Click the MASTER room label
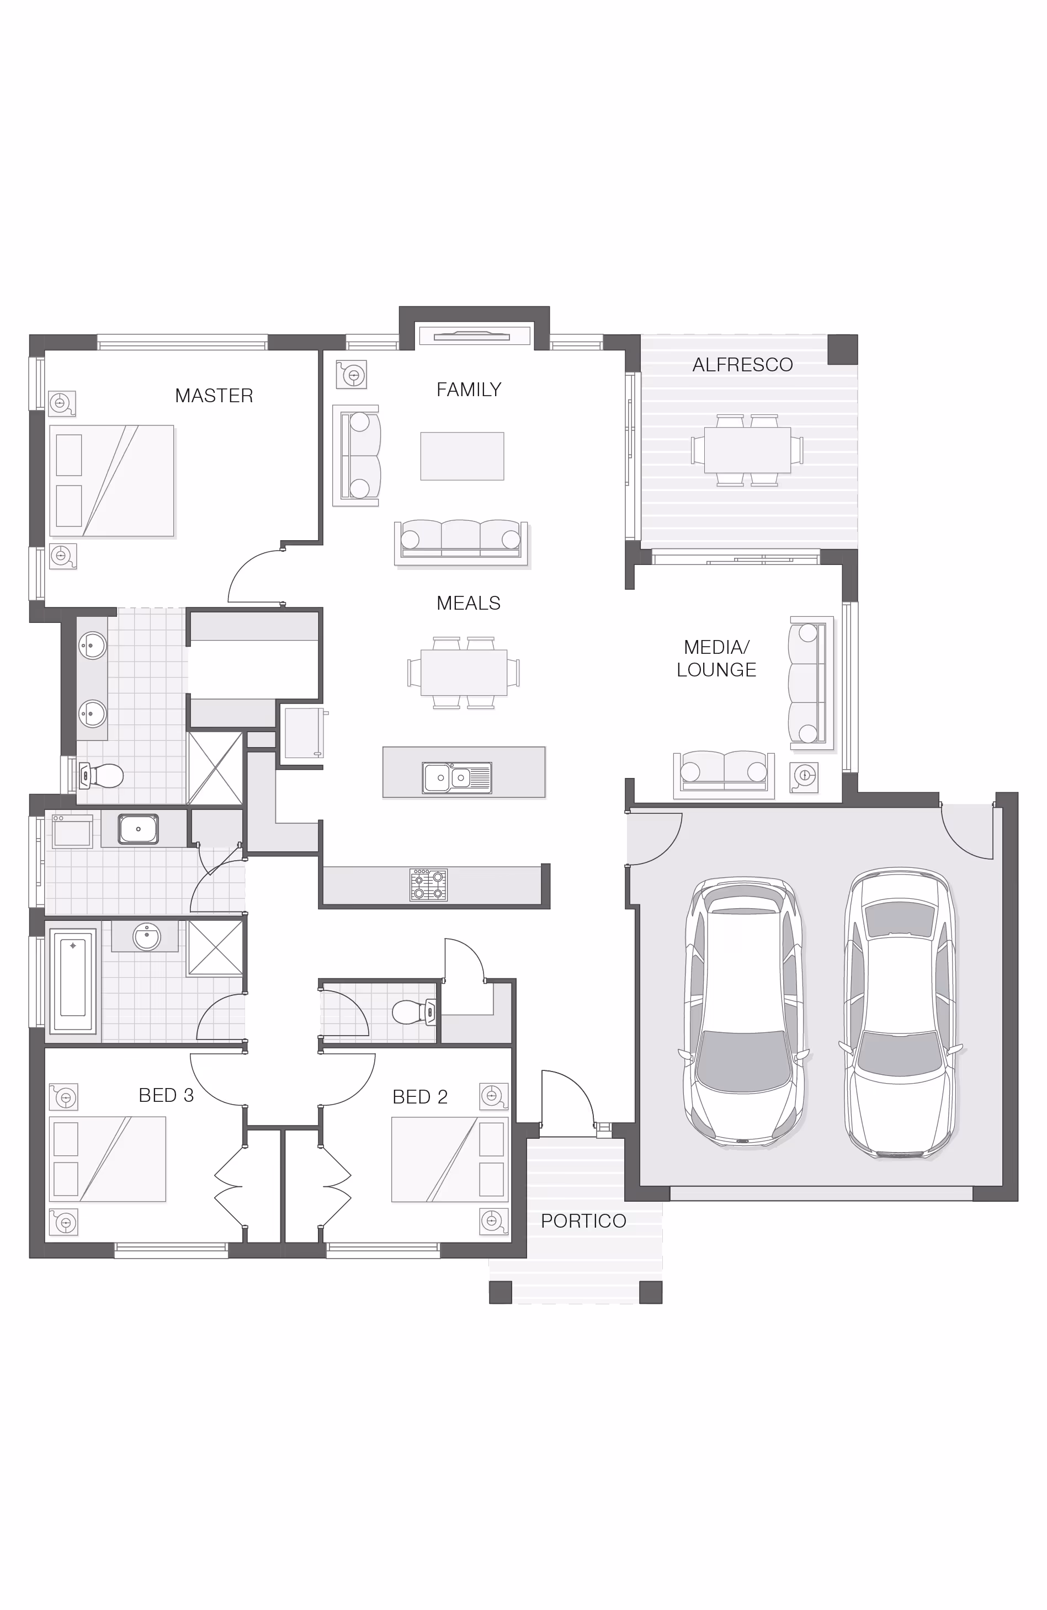coord(214,396)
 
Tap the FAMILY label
coord(469,390)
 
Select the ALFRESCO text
coord(742,365)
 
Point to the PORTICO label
coord(583,1221)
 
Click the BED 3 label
coord(166,1095)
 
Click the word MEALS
coord(469,604)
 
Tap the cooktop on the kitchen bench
coord(428,885)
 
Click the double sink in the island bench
coord(457,777)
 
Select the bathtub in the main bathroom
coord(73,979)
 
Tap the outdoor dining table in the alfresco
coord(747,450)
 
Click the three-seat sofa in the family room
coord(461,542)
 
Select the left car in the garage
coord(744,1012)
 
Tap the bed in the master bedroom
coord(111,481)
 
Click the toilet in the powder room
coord(414,1012)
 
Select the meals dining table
coord(464,673)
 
